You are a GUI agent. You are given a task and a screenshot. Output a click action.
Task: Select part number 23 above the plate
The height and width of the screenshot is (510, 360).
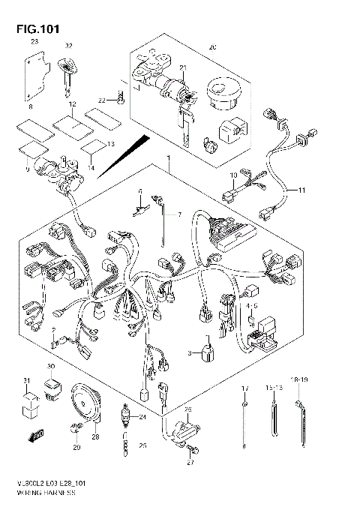coord(33,43)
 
